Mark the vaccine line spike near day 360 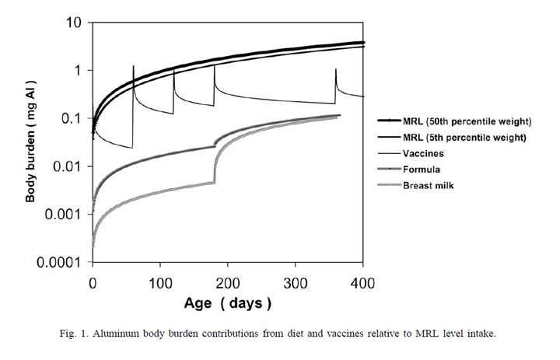click(x=336, y=71)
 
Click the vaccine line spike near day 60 click(x=133, y=68)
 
